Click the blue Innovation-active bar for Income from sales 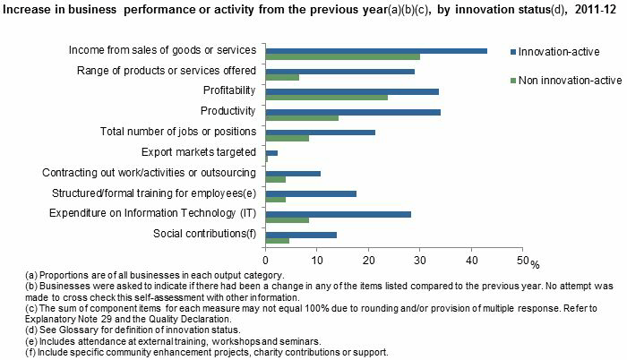coord(376,50)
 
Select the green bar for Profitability coord(327,97)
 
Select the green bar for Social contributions coord(278,240)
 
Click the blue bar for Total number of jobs coord(321,132)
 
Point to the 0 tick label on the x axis coord(267,260)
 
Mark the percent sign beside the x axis coord(535,263)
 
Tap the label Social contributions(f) coord(205,234)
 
